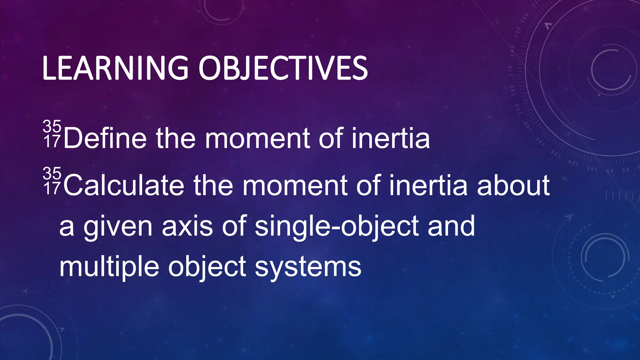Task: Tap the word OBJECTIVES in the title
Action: (283, 68)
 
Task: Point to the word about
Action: (513, 186)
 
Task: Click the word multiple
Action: (109, 267)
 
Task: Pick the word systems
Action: (308, 267)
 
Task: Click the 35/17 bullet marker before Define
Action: (52, 134)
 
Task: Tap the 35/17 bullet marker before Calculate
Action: (52, 181)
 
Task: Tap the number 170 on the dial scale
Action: (510, 71)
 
